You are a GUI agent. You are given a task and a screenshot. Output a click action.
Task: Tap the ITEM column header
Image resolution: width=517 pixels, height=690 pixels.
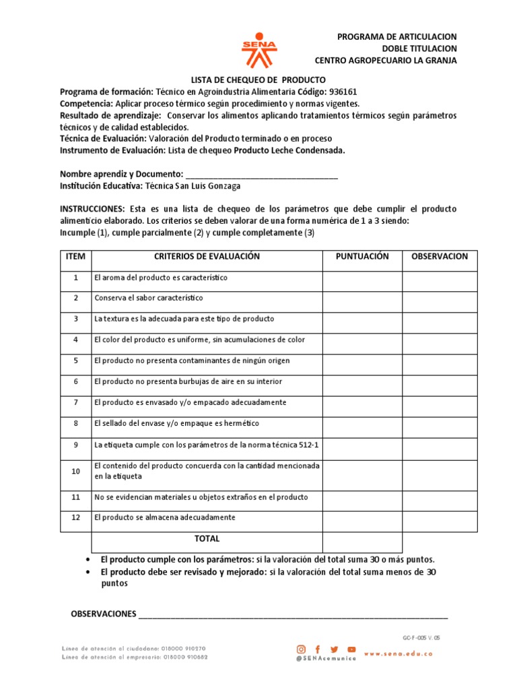pos(76,257)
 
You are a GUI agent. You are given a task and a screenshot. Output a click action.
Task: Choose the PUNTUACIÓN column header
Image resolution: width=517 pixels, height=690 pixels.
pos(362,257)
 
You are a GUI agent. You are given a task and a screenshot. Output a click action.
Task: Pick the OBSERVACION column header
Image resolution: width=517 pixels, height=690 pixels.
pos(440,257)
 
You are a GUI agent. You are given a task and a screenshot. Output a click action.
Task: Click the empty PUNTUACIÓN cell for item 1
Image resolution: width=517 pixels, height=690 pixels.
pos(362,278)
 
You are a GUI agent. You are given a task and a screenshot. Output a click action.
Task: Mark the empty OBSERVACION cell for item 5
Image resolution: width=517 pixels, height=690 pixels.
pos(440,361)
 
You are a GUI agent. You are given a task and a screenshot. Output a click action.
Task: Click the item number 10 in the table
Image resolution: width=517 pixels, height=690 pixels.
pos(76,471)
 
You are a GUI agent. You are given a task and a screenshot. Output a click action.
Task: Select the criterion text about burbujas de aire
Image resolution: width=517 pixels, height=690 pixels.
pos(188,382)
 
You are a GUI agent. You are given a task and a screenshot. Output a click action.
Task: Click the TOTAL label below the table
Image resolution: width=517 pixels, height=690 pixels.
pos(207,539)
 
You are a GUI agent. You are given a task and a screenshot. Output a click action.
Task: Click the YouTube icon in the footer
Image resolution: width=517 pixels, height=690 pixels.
pos(351,649)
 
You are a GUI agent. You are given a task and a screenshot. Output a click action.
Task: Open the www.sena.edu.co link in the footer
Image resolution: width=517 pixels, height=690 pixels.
pos(398,654)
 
